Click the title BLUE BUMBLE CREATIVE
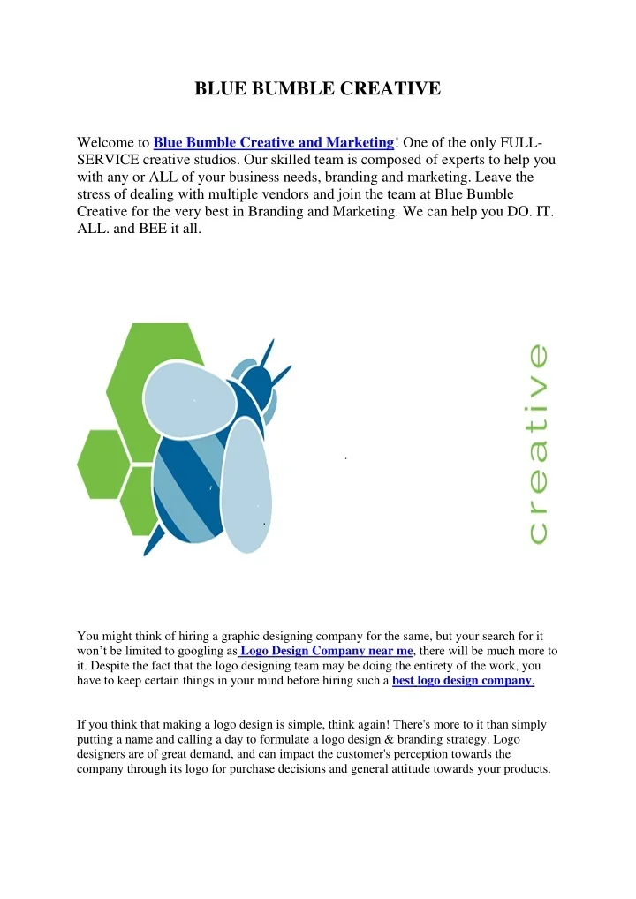coord(317,89)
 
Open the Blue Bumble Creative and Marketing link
coord(274,142)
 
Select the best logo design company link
coord(462,681)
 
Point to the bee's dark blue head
coord(256,383)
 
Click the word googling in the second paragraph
coord(194,651)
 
